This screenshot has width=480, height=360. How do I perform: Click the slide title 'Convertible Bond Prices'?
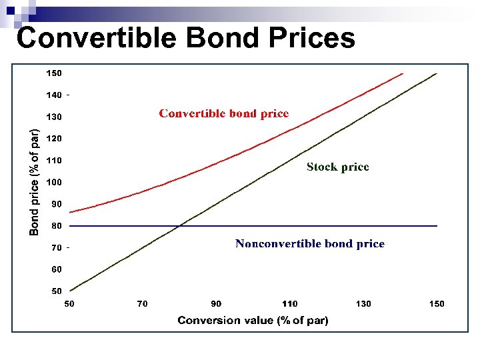coord(185,37)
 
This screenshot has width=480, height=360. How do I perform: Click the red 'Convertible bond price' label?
coord(223,113)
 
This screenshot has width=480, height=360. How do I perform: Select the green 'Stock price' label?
coord(337,167)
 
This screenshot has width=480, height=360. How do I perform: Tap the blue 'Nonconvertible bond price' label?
coord(309,244)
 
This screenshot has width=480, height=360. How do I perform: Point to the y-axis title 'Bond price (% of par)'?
coord(35,181)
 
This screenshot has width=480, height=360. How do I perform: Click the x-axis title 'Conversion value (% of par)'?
coord(253,321)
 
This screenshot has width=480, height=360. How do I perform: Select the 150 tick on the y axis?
coord(54,73)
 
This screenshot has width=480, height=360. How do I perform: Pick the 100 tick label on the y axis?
coord(54,182)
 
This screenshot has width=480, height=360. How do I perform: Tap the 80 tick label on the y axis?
coord(57,226)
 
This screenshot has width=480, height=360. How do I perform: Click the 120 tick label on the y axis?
coord(54,139)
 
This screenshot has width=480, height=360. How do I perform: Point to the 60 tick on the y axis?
coord(57,269)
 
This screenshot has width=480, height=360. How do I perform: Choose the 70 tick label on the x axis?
coord(143,304)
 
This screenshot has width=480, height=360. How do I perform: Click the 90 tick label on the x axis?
coord(216,304)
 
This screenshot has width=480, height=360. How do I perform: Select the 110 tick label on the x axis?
coord(289,304)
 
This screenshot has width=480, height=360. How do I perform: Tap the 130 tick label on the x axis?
coord(363,304)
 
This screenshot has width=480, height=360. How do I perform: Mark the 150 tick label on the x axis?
coord(436,304)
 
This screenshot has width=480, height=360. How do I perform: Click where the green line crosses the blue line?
coord(180,226)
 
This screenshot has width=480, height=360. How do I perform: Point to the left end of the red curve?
coord(71,213)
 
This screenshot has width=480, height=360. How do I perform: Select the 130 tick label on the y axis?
coord(54,117)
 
